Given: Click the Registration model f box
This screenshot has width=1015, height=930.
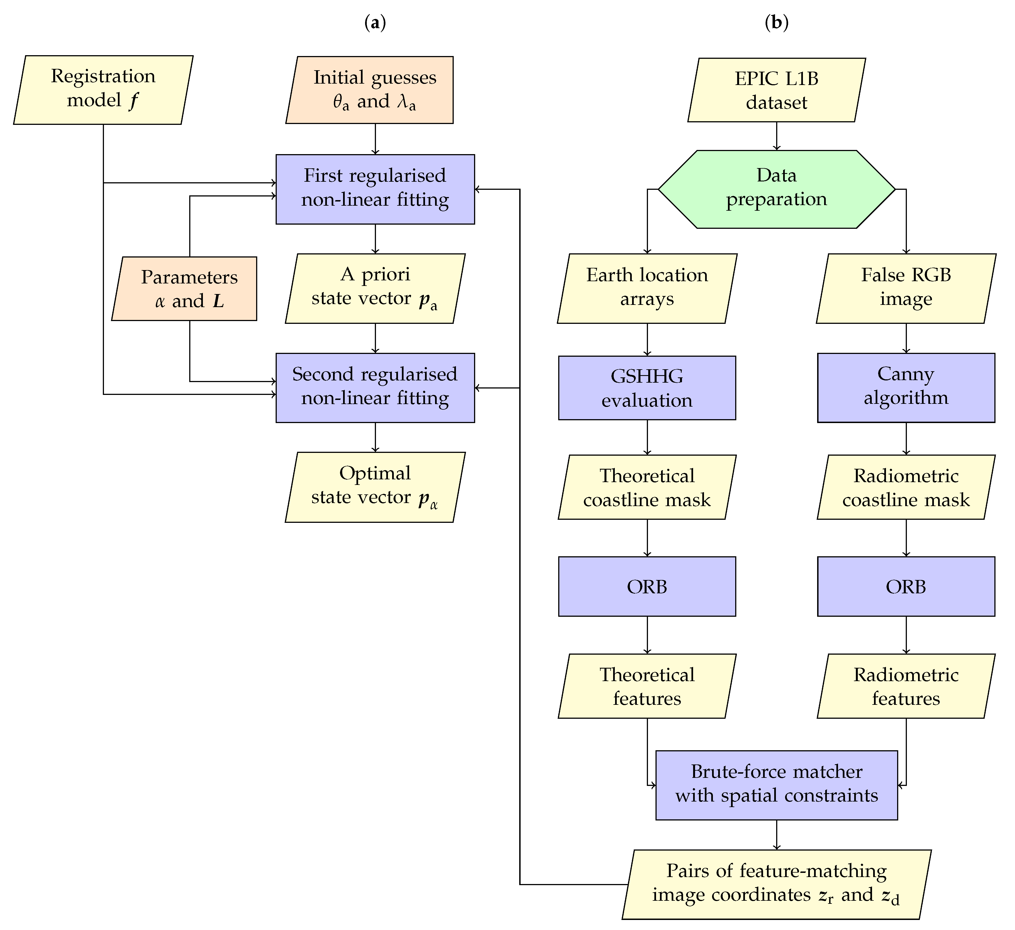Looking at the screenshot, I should [x=103, y=90].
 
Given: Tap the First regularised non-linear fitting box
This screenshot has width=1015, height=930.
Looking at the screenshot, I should [x=375, y=189].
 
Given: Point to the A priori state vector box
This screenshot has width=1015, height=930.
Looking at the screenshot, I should [x=375, y=288].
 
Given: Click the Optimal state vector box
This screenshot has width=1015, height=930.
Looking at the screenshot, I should [x=375, y=487].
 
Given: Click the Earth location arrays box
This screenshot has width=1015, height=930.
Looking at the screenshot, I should [x=647, y=288].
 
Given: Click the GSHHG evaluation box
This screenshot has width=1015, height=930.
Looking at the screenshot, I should [x=647, y=388].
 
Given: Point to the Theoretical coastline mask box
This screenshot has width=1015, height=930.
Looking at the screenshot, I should [x=647, y=487].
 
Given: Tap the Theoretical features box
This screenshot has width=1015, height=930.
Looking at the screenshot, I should [x=647, y=686].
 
